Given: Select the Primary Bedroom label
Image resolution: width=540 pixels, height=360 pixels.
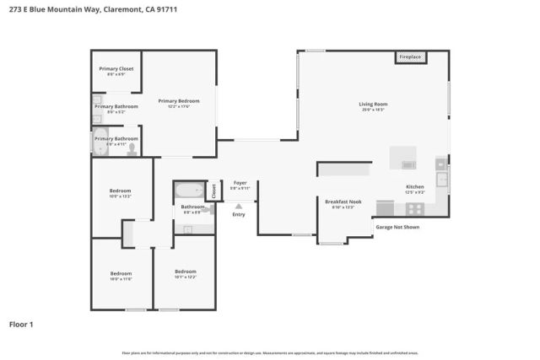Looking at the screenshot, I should pyautogui.click(x=178, y=101).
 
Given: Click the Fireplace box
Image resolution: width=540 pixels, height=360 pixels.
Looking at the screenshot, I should pyautogui.click(x=410, y=57).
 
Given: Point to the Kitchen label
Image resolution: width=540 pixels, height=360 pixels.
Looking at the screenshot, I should pyautogui.click(x=414, y=186).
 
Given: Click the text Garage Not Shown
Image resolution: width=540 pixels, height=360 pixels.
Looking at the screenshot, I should pyautogui.click(x=397, y=227).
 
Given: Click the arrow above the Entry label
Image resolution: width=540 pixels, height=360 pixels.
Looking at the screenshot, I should pyautogui.click(x=239, y=205).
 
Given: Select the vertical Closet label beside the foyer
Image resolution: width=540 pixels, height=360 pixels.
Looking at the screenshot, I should pyautogui.click(x=213, y=191).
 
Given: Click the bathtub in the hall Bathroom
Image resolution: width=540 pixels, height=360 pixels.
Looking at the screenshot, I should pyautogui.click(x=189, y=190).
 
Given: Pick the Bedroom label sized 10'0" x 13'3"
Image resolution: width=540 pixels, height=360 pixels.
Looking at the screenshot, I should pyautogui.click(x=121, y=191).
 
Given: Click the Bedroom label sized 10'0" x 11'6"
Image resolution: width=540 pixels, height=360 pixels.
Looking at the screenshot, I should pyautogui.click(x=121, y=273).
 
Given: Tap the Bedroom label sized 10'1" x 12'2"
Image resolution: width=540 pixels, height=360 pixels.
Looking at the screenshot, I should pyautogui.click(x=185, y=272).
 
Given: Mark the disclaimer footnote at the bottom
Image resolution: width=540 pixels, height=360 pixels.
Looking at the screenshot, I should pyautogui.click(x=269, y=352).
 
